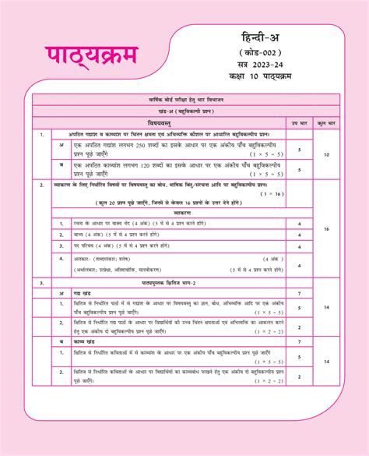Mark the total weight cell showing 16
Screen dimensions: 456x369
pyautogui.click(x=326, y=229)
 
